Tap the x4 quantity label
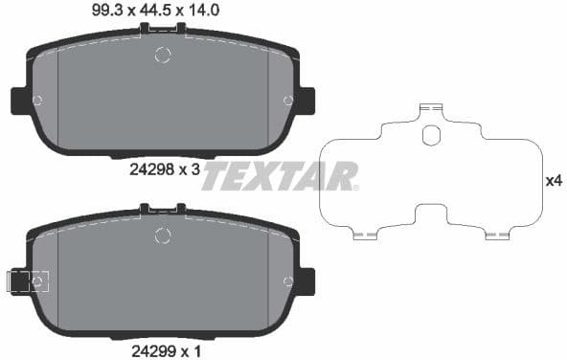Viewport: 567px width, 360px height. [552, 180]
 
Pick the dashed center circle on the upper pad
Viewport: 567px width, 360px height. [163, 56]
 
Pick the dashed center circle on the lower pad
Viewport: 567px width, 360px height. [163, 236]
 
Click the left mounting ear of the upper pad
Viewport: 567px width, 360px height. [19, 100]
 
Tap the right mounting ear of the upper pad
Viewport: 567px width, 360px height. [306, 100]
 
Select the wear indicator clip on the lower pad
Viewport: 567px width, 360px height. [23, 281]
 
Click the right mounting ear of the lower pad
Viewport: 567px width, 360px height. [306, 281]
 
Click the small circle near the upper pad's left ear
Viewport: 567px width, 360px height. [37, 100]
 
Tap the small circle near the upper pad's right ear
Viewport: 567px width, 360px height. [288, 100]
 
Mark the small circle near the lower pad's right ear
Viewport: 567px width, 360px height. [288, 281]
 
